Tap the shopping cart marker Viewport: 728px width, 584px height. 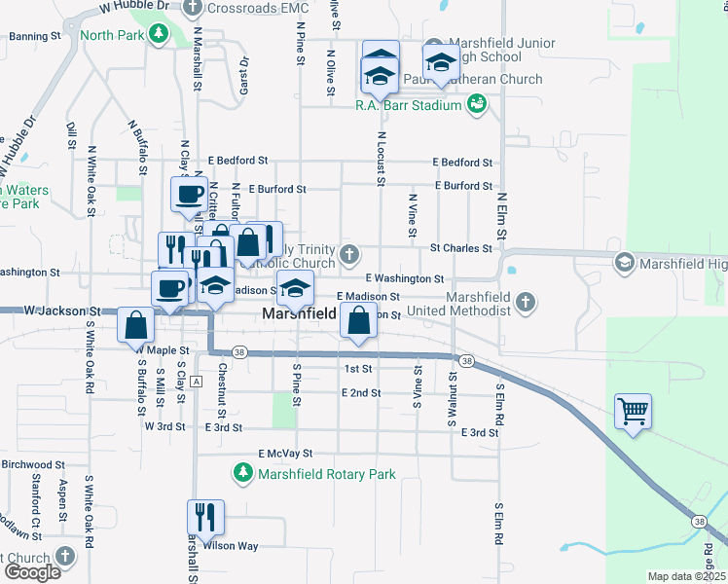tap(633, 413)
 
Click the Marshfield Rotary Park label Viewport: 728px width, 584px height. tap(326, 474)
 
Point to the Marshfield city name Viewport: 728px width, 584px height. tap(299, 314)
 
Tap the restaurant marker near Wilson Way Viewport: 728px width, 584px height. tap(205, 517)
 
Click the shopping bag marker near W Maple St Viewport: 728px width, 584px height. tap(135, 327)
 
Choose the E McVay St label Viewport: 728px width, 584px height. tap(285, 454)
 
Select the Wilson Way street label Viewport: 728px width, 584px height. tap(231, 546)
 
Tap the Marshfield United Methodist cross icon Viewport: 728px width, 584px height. tap(526, 301)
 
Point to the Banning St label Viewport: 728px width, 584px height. tap(34, 37)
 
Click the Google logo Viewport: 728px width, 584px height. tap(32, 572)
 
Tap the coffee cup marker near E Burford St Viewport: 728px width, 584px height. tap(189, 193)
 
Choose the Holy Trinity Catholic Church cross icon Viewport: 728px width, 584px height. tap(350, 256)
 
